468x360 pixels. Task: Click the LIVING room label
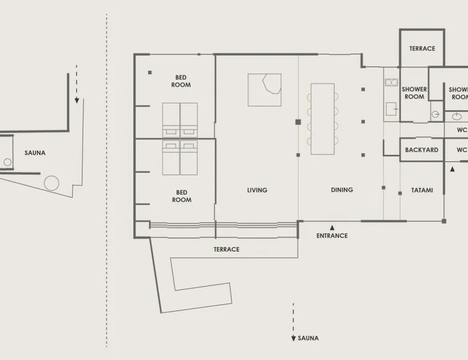coord(257,190)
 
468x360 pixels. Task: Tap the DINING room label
coord(342,190)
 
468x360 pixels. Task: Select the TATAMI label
coord(422,190)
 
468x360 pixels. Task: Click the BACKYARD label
coord(422,150)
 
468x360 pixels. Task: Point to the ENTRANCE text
coord(332,236)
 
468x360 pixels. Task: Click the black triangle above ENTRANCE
coord(332,228)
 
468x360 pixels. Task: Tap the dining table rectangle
coord(322,119)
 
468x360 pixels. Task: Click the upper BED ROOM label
coord(181,81)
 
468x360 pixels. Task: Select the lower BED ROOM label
coord(182,196)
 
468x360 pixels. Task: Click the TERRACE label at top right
coord(422,48)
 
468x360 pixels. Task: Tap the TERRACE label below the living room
coord(226,249)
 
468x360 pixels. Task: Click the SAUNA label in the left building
coord(35,153)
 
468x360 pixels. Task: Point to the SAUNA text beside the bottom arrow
coord(308,338)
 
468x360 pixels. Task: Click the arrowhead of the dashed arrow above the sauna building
coord(77,100)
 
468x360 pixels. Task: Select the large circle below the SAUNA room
coord(51,183)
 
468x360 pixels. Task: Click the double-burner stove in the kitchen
coord(391,82)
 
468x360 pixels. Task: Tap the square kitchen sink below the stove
coord(391,109)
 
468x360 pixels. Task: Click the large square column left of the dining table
coord(298,121)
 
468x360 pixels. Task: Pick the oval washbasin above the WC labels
coord(457,117)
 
